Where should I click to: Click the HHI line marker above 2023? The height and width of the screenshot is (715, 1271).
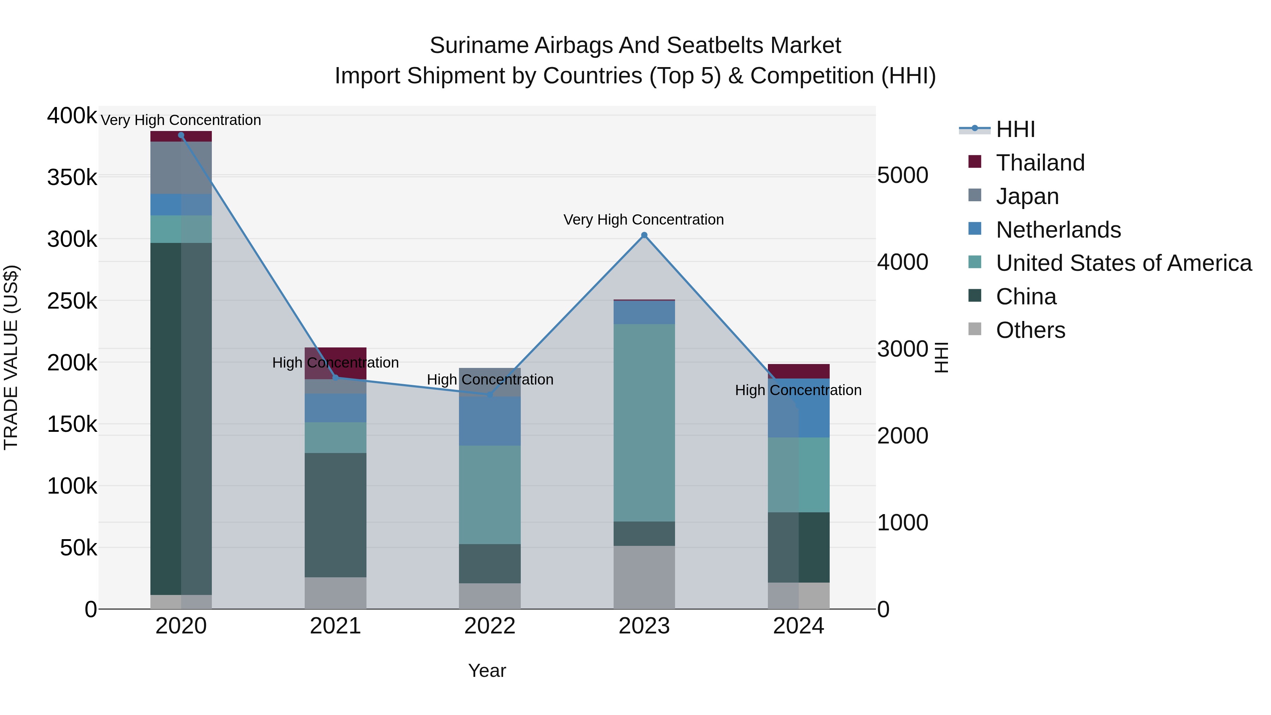[644, 236]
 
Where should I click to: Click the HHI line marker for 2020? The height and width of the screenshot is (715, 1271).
[181, 135]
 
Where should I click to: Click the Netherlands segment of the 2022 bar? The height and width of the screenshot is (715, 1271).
[489, 421]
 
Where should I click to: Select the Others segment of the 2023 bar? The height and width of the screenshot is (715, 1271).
[644, 577]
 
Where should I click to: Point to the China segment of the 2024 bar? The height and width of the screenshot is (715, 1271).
[798, 547]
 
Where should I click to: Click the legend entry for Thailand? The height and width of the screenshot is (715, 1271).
[1040, 163]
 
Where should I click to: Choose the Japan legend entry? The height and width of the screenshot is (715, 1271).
[1027, 196]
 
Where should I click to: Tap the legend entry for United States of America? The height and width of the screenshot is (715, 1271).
[1123, 263]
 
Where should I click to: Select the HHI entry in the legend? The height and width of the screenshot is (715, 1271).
[1015, 129]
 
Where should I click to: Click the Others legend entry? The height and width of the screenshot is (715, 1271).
[1030, 330]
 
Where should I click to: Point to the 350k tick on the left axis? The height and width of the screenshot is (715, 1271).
[72, 178]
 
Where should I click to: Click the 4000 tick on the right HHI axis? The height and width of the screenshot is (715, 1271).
[902, 262]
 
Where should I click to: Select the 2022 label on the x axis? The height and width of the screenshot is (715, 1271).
[489, 626]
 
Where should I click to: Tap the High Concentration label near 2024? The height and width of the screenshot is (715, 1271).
[798, 390]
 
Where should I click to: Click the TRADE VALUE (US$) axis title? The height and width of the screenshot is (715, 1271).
[11, 357]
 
